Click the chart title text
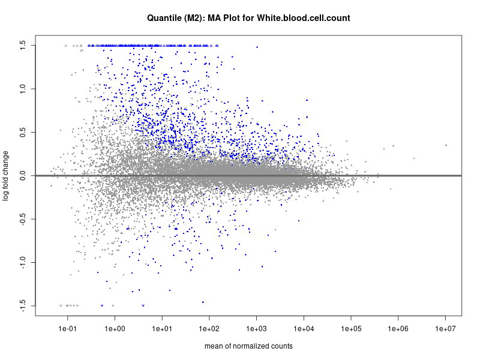[x=248, y=18]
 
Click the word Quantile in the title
[x=165, y=18]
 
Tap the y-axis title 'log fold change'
[x=7, y=176]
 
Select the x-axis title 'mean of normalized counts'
[x=248, y=346]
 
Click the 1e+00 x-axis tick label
[x=115, y=328]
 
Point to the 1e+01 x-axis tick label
[x=162, y=328]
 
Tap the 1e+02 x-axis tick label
[x=209, y=328]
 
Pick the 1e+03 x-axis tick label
[x=256, y=328]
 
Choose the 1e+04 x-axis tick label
[x=304, y=328]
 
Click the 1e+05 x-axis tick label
[x=351, y=328]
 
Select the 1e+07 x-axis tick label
[x=446, y=328]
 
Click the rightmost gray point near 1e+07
[x=446, y=145]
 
